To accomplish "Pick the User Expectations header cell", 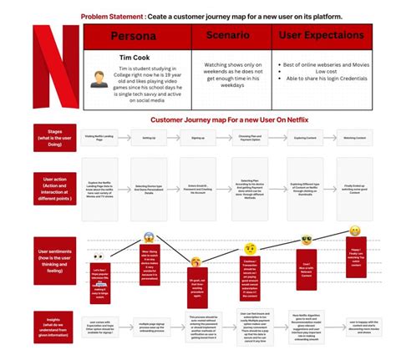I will (322, 38).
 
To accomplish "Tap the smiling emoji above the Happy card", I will (356, 230).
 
